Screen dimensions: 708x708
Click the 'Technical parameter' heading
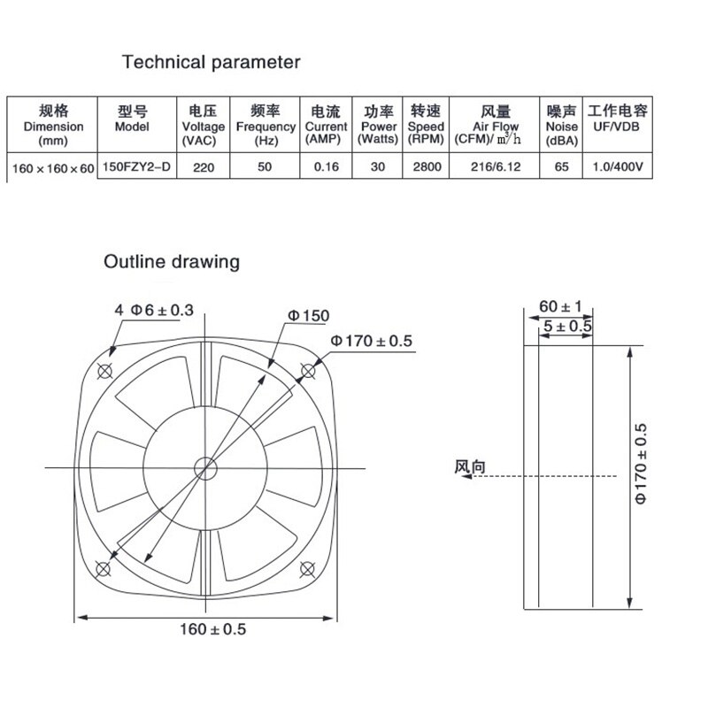click(211, 63)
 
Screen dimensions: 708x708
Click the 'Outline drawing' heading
click(172, 262)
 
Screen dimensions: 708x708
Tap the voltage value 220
click(200, 165)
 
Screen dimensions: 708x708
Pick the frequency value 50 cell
click(265, 165)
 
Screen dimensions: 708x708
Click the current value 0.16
click(326, 165)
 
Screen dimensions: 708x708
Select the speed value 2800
click(426, 165)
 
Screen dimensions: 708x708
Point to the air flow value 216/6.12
click(496, 165)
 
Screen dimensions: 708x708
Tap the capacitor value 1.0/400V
click(618, 165)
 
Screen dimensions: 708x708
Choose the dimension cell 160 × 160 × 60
click(53, 166)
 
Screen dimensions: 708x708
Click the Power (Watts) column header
click(378, 126)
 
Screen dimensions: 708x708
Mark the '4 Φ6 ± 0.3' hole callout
click(154, 310)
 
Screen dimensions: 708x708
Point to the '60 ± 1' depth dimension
click(559, 307)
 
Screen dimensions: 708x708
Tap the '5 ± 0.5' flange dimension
click(566, 327)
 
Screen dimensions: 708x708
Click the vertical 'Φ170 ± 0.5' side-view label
click(643, 465)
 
